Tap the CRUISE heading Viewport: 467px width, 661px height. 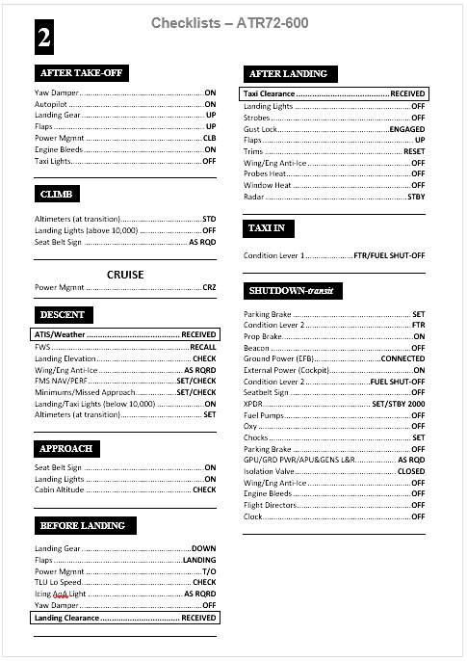pyautogui.click(x=125, y=275)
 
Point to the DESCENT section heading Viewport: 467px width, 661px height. pyautogui.click(x=63, y=314)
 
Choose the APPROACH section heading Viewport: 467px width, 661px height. pyautogui.click(x=66, y=449)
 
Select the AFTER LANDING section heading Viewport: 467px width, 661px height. pyautogui.click(x=288, y=73)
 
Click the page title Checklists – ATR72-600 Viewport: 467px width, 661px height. pyautogui.click(x=230, y=22)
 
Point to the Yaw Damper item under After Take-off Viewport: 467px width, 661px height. pyautogui.click(x=57, y=93)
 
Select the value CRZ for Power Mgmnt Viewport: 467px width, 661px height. pyautogui.click(x=209, y=287)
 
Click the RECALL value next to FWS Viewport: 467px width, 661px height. pyautogui.click(x=202, y=347)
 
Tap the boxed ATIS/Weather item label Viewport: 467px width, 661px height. pyautogui.click(x=60, y=334)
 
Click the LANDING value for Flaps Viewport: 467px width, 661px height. pyautogui.click(x=199, y=560)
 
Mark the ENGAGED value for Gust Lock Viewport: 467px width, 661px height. pyautogui.click(x=406, y=129)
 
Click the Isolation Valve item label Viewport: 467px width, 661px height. pyautogui.click(x=272, y=472)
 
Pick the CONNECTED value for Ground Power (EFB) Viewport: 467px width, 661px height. pyautogui.click(x=402, y=358)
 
